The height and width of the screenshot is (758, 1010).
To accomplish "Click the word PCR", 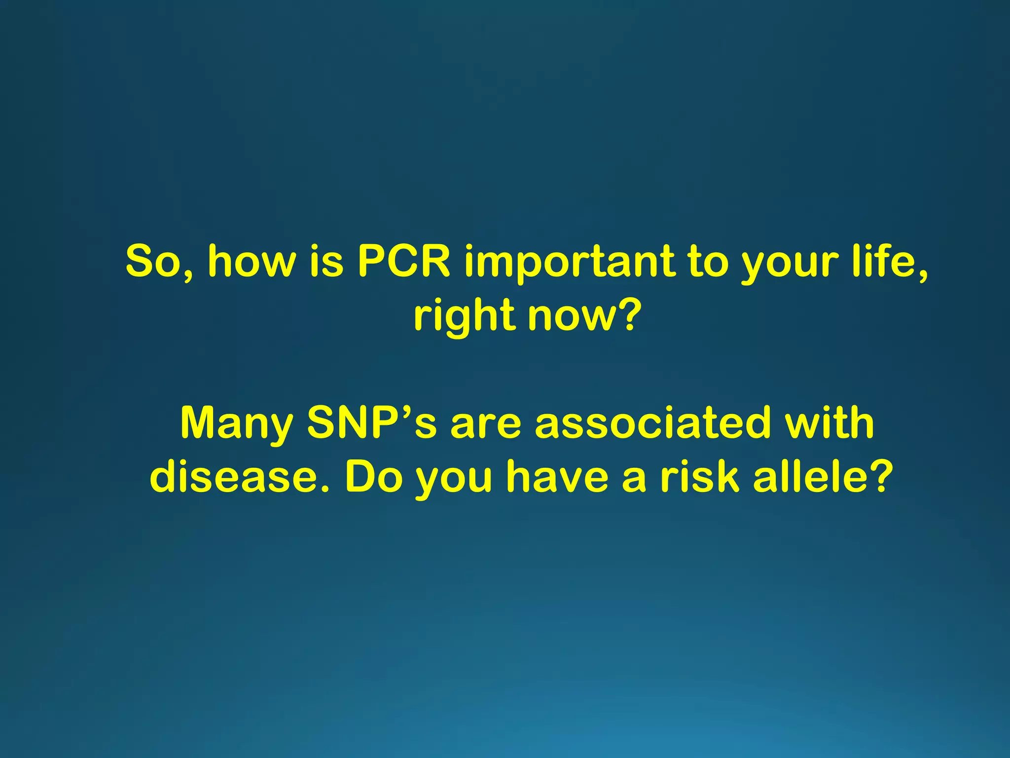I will [x=404, y=261].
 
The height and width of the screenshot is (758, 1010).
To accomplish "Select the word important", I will [x=569, y=262].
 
